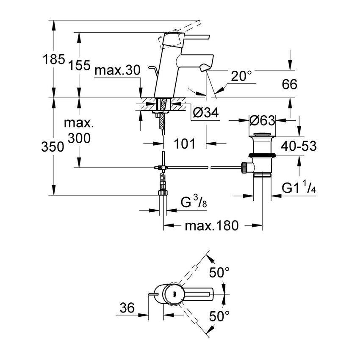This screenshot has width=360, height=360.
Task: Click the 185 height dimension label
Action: pyautogui.click(x=53, y=60)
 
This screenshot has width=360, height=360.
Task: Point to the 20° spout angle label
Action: pyautogui.click(x=241, y=76)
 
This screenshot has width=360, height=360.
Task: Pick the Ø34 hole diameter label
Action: pyautogui.click(x=205, y=112)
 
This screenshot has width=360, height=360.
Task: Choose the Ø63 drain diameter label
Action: pyautogui.click(x=262, y=121)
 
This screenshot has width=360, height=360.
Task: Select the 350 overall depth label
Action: pyautogui.click(x=53, y=147)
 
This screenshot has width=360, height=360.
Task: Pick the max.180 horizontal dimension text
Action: pyautogui.click(x=212, y=225)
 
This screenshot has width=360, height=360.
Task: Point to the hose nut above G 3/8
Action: pyautogui.click(x=162, y=193)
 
